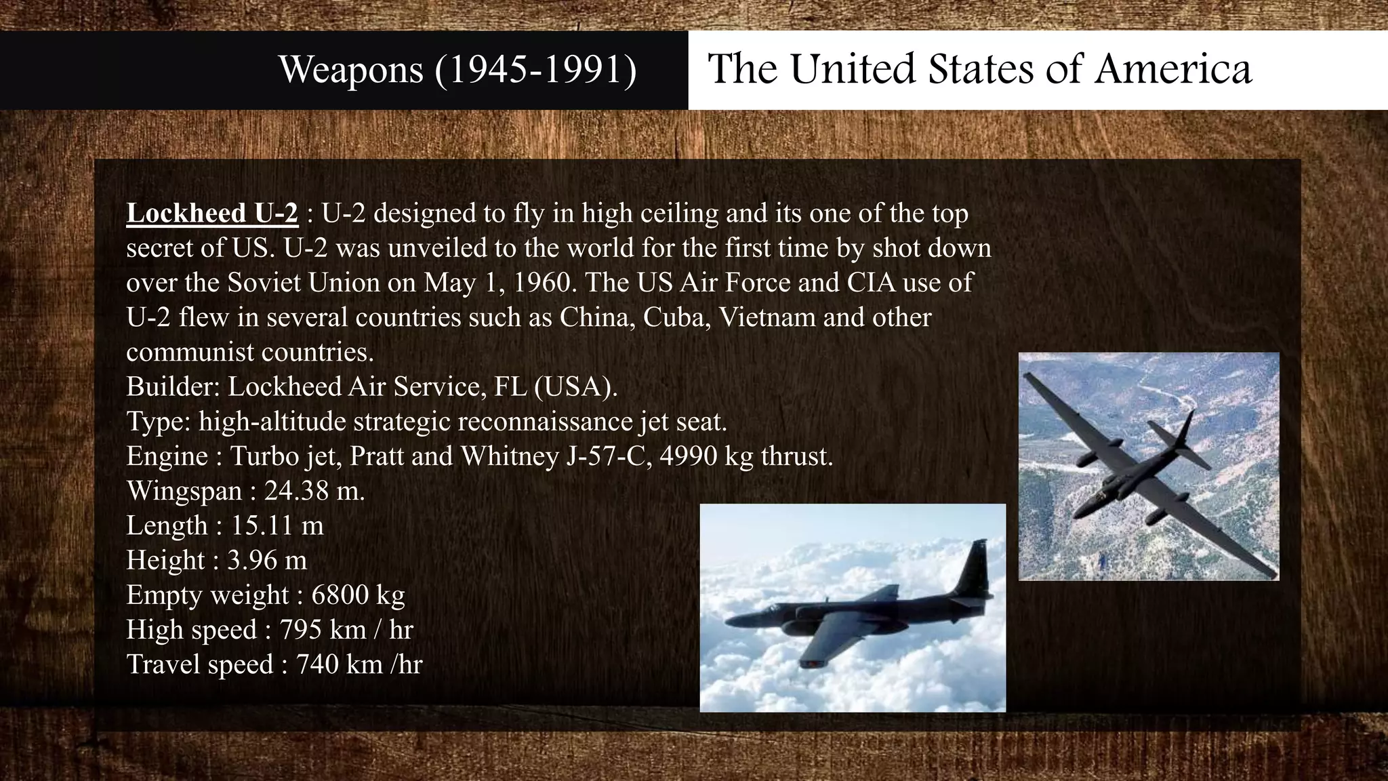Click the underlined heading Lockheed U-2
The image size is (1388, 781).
[212, 214]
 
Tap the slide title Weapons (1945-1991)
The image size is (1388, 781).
[457, 69]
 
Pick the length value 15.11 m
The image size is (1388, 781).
[277, 525]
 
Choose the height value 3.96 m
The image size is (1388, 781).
[266, 560]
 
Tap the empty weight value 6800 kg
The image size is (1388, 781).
[358, 595]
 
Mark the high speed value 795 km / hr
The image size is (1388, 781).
[346, 629]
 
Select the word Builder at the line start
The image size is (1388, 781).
[172, 387]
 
